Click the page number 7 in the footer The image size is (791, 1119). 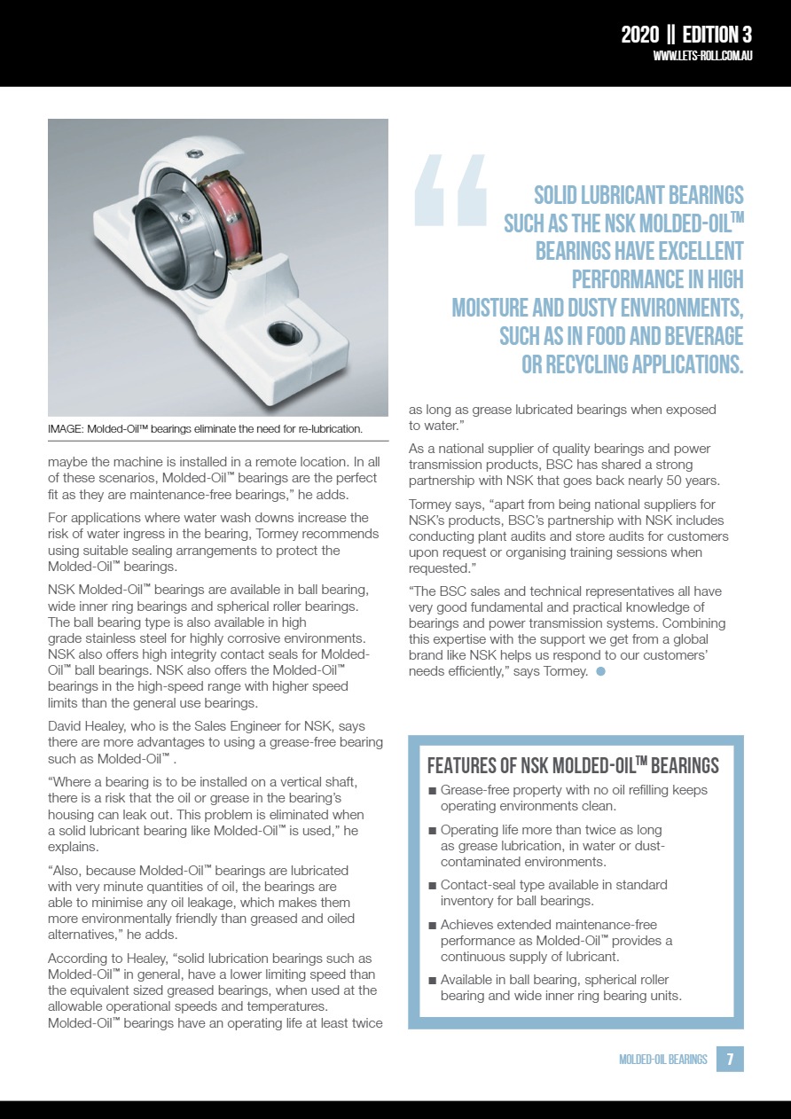[x=730, y=1059]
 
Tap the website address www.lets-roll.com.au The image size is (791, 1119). [x=702, y=56]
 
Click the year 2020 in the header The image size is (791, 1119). [x=639, y=35]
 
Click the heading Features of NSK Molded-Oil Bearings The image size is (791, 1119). [x=573, y=766]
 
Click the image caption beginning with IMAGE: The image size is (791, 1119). [x=205, y=429]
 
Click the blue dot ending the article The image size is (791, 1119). [x=600, y=671]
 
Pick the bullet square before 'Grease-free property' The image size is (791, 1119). [x=432, y=791]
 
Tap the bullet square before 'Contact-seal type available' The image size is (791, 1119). [x=432, y=886]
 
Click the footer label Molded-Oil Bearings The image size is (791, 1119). [x=663, y=1060]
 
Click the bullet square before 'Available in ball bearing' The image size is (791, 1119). [x=432, y=981]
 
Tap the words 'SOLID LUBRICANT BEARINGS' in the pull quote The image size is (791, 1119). [x=638, y=195]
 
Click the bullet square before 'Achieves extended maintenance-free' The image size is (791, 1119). [x=432, y=926]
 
